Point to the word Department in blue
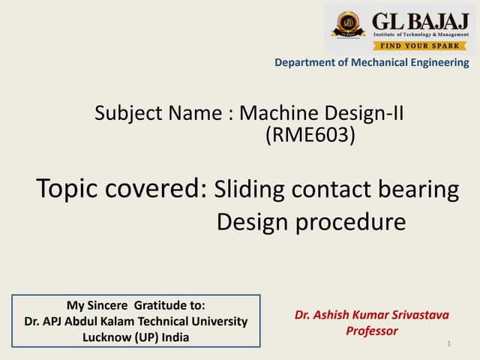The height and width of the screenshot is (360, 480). (x=304, y=63)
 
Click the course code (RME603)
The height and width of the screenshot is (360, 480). (x=310, y=136)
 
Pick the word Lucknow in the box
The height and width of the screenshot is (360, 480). (x=106, y=337)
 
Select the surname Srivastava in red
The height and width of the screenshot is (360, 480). (x=417, y=315)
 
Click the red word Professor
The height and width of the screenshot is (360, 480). (x=371, y=331)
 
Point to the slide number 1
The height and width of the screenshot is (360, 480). (x=448, y=344)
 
